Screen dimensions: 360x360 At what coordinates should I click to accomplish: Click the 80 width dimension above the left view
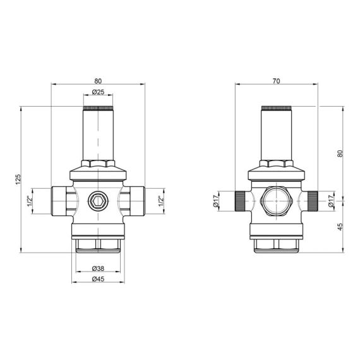coord(98,81)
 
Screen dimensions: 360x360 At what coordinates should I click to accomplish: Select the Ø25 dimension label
coord(98,92)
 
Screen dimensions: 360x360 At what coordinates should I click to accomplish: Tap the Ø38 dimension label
coord(98,268)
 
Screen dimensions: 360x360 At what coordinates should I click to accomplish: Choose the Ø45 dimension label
coord(98,279)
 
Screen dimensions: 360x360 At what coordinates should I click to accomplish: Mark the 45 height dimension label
coord(340,227)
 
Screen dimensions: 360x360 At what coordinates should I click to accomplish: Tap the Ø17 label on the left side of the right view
coord(216,201)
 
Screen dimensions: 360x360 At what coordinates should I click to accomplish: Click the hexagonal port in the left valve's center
coord(98,201)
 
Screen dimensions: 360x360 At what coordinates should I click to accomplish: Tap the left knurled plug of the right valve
coord(239,201)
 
